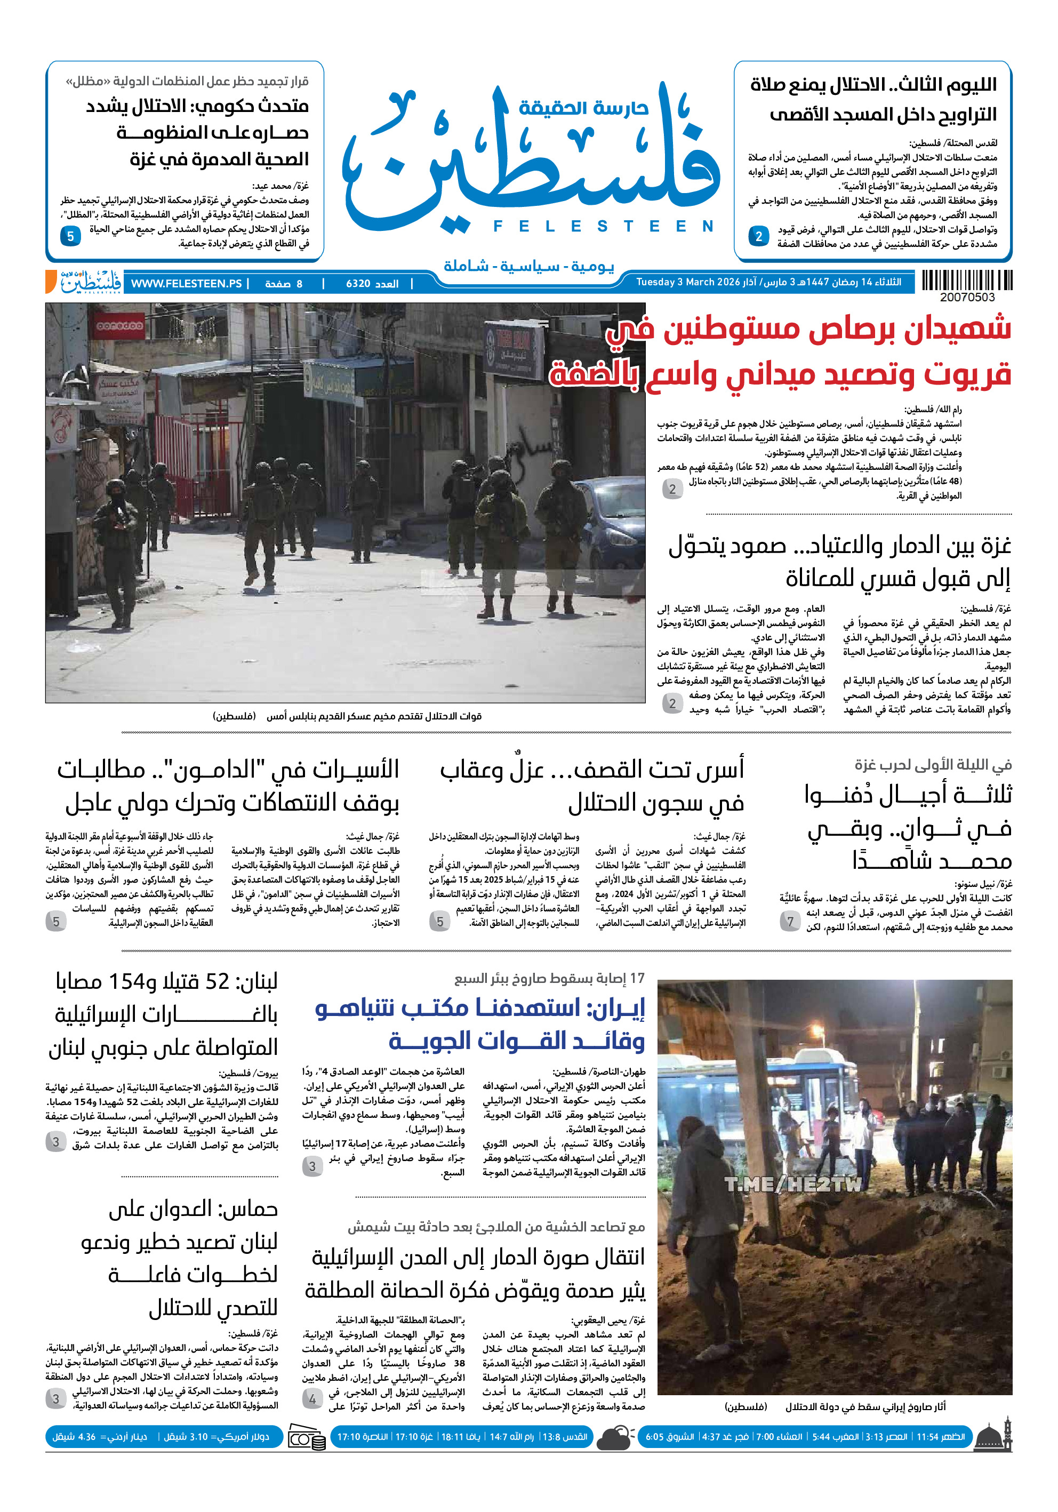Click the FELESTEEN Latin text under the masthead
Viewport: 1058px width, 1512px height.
click(603, 227)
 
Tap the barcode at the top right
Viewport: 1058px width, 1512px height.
click(966, 281)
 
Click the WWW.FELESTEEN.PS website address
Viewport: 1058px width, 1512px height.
click(186, 284)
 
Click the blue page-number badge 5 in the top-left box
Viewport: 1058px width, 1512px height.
click(70, 236)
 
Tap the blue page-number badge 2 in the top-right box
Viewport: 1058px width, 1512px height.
click(758, 236)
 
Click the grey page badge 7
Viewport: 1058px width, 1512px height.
click(790, 921)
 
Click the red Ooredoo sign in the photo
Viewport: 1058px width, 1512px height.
click(120, 325)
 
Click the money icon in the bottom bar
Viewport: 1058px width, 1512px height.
click(308, 1438)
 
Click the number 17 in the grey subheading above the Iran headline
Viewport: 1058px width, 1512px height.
click(637, 979)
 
